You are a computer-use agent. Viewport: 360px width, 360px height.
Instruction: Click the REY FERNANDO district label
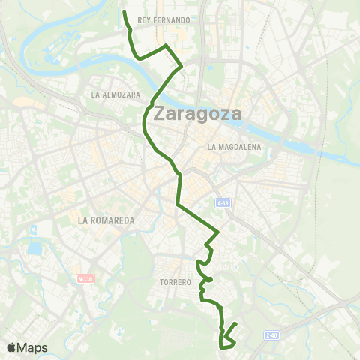163,19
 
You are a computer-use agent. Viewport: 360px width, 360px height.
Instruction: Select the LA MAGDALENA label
235,147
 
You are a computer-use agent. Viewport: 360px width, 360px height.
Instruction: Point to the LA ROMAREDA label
106,220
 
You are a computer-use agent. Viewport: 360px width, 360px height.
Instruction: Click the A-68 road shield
222,202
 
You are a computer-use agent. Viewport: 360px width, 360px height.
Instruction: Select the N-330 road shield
85,278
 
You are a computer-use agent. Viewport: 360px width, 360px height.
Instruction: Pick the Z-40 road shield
271,335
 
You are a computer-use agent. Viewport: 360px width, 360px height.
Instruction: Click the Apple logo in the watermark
13,347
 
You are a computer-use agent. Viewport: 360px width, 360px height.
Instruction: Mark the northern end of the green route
124,12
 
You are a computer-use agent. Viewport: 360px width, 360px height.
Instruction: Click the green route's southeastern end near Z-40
236,324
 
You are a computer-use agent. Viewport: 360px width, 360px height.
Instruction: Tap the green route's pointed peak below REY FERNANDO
166,46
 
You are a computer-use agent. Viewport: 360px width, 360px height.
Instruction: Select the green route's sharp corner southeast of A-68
217,231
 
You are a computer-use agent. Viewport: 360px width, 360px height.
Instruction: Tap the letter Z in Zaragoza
160,115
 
